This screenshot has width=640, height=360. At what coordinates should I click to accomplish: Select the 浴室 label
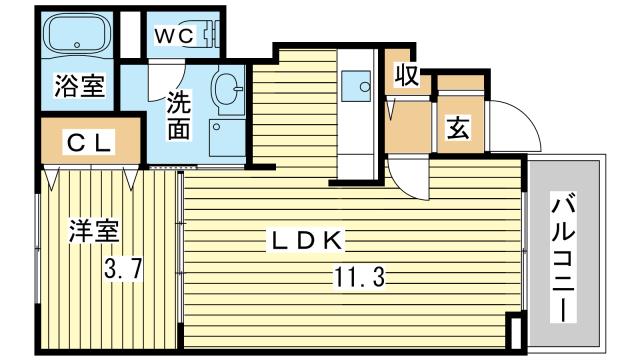pyautogui.click(x=79, y=87)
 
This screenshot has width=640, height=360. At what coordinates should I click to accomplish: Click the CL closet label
pyautogui.click(x=91, y=141)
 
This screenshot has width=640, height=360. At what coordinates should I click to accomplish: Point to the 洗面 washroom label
pyautogui.click(x=179, y=115)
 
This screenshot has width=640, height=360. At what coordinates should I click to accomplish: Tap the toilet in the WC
pyautogui.click(x=208, y=34)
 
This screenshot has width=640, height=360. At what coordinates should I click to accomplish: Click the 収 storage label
pyautogui.click(x=405, y=76)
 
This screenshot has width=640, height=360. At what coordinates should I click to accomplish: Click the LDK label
pyautogui.click(x=305, y=241)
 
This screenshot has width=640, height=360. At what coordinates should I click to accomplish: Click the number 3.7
pyautogui.click(x=126, y=268)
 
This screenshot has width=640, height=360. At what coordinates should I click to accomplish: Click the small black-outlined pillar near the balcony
pyautogui.click(x=514, y=331)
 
